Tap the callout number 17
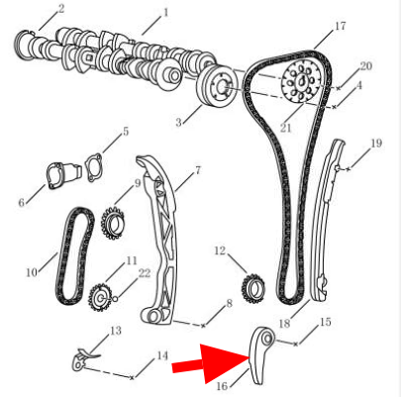click(340, 26)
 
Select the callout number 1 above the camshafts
click(165, 13)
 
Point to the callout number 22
click(145, 273)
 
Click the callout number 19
click(376, 143)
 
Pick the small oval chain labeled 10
click(74, 256)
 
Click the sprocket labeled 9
click(113, 222)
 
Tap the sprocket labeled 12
click(253, 288)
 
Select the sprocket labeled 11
click(99, 297)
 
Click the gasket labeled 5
click(93, 167)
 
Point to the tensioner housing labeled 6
click(63, 174)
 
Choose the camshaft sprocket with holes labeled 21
click(301, 82)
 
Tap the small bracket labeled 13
click(83, 359)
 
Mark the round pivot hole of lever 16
click(267, 338)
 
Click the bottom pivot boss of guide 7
click(153, 317)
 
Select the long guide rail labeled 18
click(326, 220)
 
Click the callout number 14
click(161, 356)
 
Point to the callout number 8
click(229, 304)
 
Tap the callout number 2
click(61, 9)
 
